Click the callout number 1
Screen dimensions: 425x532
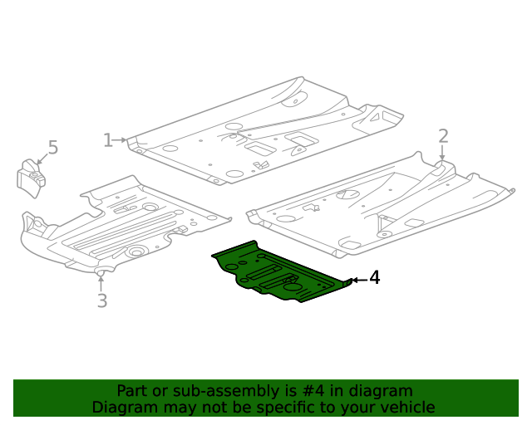click(x=107, y=140)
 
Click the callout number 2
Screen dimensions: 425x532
click(x=443, y=136)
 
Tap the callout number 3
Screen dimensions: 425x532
click(x=101, y=300)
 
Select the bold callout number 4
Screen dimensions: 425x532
click(x=375, y=278)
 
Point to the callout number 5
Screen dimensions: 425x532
click(x=52, y=148)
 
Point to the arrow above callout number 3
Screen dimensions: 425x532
click(x=101, y=281)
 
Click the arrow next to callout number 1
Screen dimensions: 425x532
click(x=121, y=140)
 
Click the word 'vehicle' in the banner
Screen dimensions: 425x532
click(x=406, y=408)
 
